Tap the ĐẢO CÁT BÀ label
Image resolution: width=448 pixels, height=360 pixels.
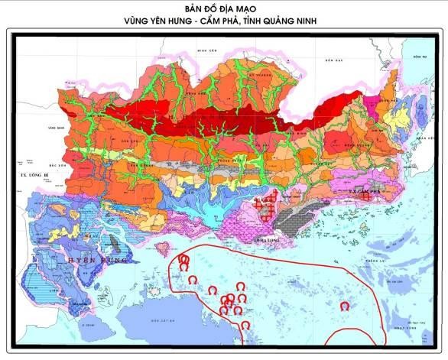pyautogui.click(x=163, y=318)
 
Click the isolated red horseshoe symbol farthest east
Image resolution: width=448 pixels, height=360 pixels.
pyautogui.click(x=344, y=306)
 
